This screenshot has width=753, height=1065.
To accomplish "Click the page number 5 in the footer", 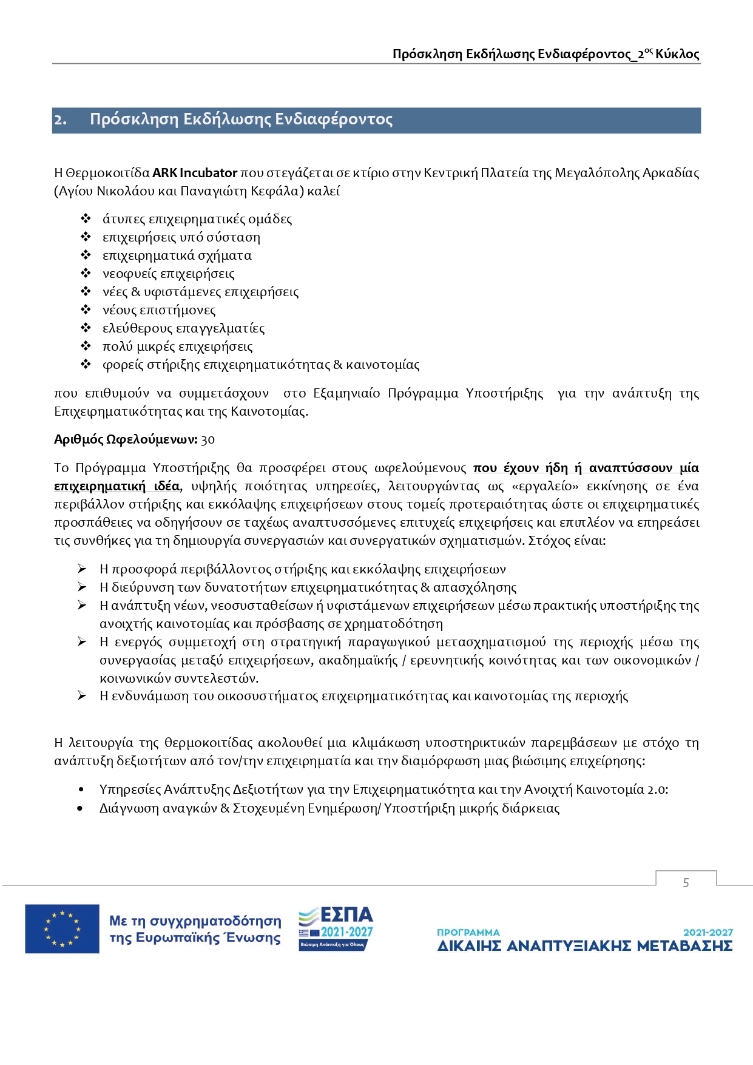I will [686, 882].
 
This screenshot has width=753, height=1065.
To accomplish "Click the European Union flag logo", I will [62, 928].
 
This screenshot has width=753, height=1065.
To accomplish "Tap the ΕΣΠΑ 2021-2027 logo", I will [336, 928].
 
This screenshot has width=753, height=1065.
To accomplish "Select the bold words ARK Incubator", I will [194, 173].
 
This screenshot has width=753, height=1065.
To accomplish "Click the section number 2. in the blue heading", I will [61, 120].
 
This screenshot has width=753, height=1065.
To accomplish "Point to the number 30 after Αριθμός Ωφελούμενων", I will [208, 440].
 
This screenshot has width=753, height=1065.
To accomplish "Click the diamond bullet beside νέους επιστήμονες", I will [86, 310].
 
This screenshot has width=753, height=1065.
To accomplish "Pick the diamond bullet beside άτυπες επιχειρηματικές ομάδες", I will [86, 219].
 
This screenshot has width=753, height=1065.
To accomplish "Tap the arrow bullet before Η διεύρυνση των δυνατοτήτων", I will [82, 587].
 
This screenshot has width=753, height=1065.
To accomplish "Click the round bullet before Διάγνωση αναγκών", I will [81, 809].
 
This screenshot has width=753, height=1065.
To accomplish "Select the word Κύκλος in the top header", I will [677, 55].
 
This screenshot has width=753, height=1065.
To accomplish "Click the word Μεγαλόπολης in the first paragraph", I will [586, 173].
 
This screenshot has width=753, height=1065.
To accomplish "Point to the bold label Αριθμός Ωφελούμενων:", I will [126, 440].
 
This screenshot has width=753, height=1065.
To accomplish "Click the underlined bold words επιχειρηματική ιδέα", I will [116, 486].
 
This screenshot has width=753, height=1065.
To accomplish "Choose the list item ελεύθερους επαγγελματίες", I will [183, 328].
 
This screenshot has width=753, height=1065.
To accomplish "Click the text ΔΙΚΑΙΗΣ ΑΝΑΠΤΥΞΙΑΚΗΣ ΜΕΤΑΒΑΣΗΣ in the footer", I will [584, 946].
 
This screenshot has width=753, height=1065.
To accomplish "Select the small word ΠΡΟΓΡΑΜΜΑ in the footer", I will [468, 932].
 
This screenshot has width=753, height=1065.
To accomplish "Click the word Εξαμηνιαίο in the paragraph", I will [346, 393].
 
